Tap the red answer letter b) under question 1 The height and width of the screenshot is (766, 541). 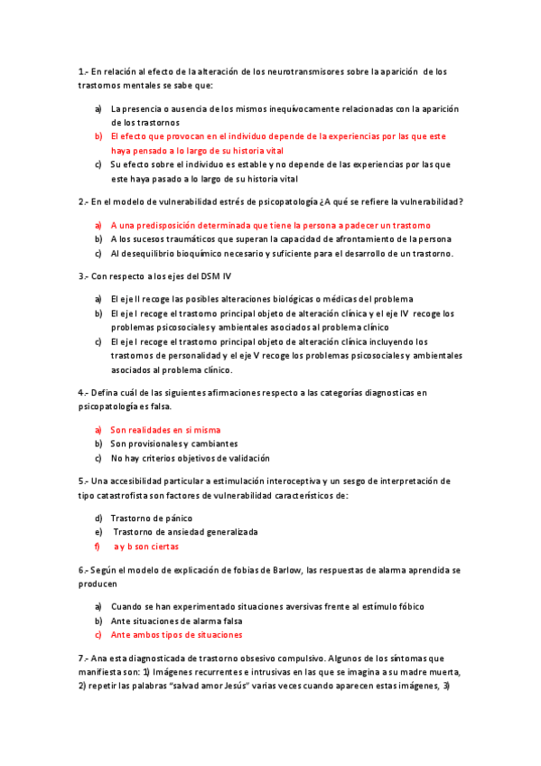pyautogui.click(x=98, y=135)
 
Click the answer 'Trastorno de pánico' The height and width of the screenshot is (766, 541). pyautogui.click(x=151, y=518)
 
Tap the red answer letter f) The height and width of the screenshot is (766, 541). pyautogui.click(x=98, y=546)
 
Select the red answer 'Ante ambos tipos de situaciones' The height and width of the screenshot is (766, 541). pyautogui.click(x=176, y=634)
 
